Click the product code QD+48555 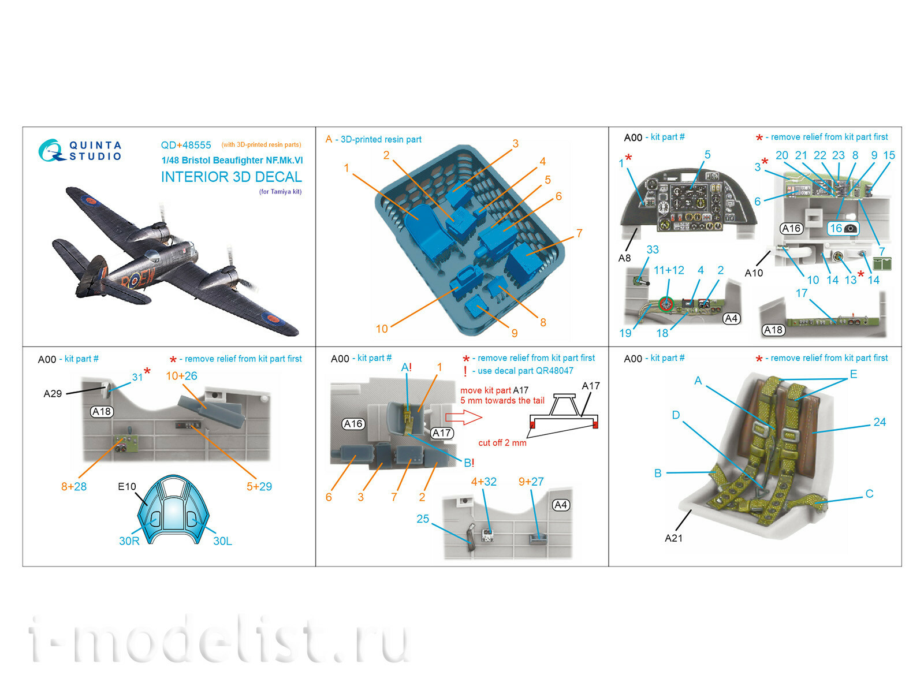[x=186, y=146]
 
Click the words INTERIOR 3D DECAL [x=231, y=177]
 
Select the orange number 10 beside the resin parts [x=382, y=329]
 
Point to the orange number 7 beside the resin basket [x=579, y=233]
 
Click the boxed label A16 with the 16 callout [x=791, y=229]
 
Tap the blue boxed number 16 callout [x=843, y=229]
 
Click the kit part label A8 [x=624, y=258]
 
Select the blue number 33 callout [x=652, y=249]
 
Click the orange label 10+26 [x=181, y=376]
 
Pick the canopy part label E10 [x=126, y=487]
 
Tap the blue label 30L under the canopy [x=222, y=541]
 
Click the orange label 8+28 [x=74, y=487]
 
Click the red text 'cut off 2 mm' [x=502, y=443]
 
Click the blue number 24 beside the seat [x=880, y=422]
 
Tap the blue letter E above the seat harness [x=854, y=374]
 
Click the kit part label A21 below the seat [x=673, y=538]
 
